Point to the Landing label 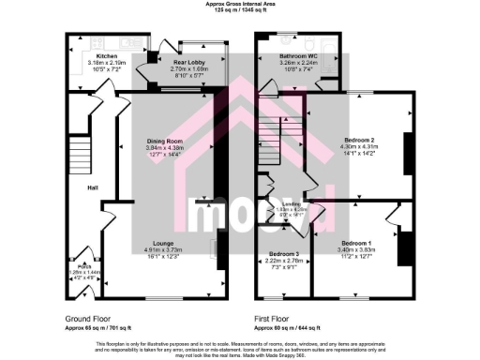[x=279, y=203]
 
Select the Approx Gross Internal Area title [x=240, y=4]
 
